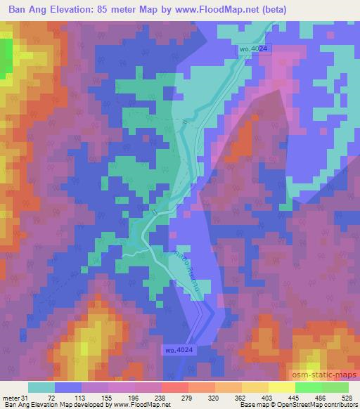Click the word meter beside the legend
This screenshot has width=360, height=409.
11,398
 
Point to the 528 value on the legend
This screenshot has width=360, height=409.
347,398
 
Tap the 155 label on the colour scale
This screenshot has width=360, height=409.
105,398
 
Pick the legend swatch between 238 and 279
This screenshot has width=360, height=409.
174,388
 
